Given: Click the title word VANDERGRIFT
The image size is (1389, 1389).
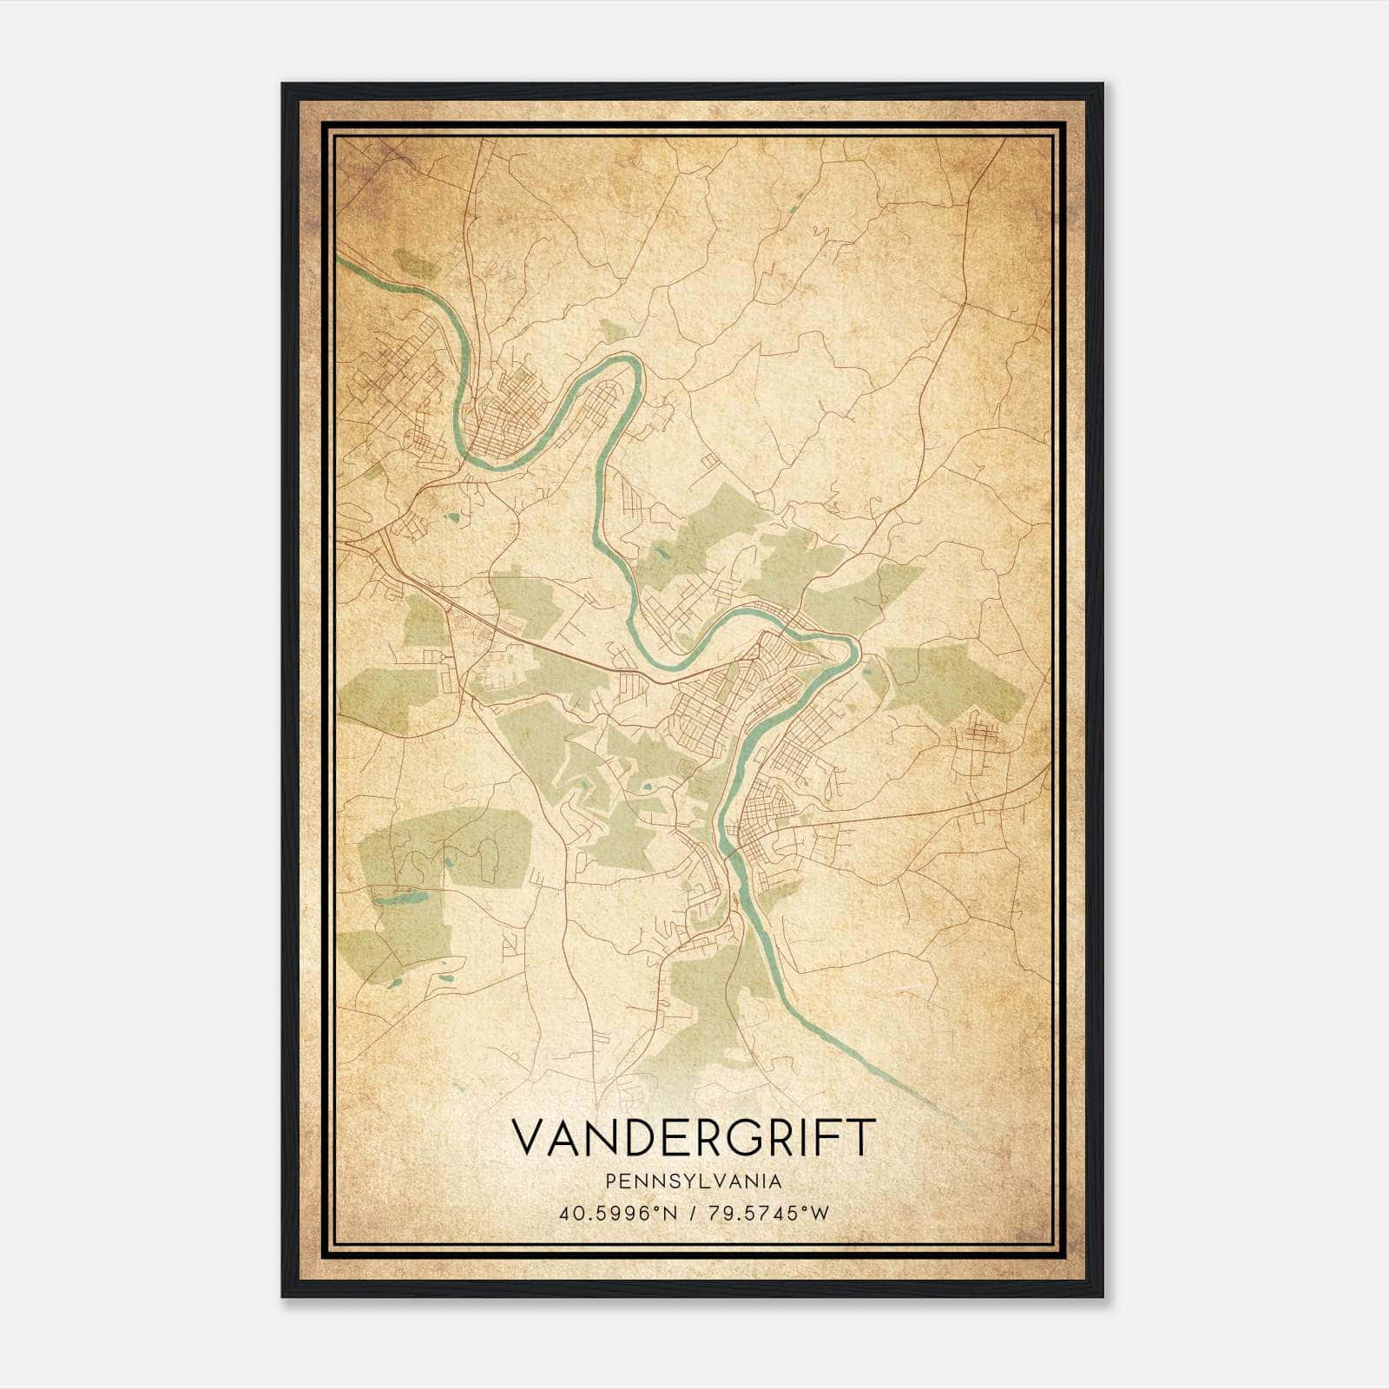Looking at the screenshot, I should point(693,1137).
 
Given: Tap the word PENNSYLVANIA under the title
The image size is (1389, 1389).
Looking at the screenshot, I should point(694,1182).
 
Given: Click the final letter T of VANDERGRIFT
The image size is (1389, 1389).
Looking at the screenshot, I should point(856,1137).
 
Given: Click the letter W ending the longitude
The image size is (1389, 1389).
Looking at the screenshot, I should point(820,1214).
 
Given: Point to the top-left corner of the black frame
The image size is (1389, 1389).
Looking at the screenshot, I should point(283,84).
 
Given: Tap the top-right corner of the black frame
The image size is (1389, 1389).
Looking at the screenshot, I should point(1103,84).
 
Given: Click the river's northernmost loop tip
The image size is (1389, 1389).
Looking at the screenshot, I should point(627,359).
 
